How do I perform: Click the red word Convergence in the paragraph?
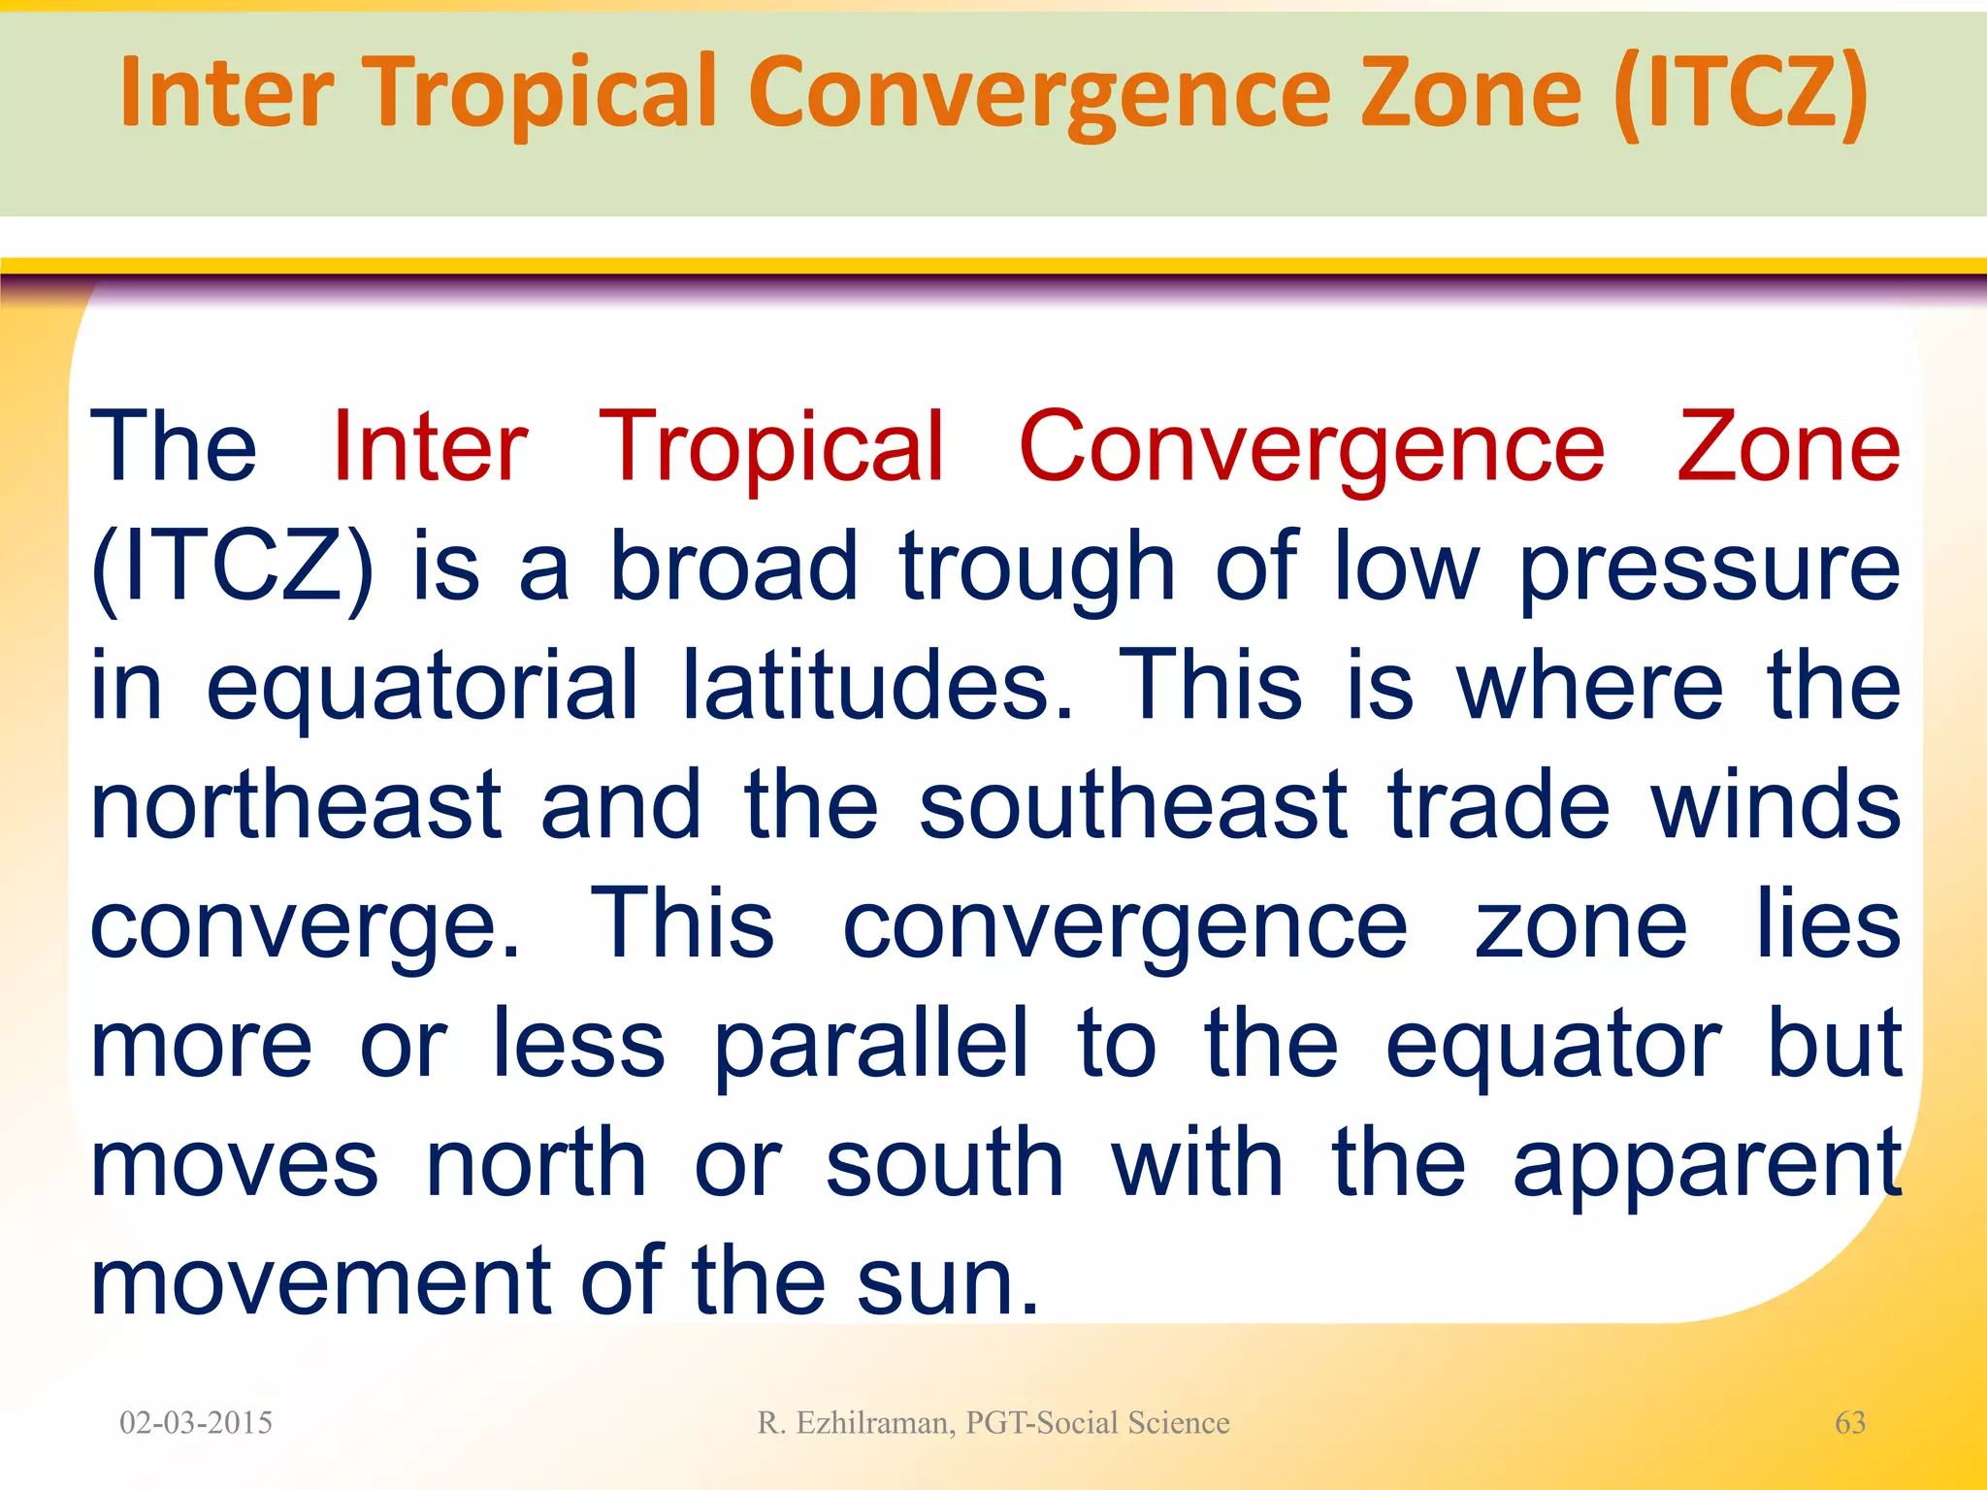[1312, 448]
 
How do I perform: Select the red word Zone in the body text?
[1788, 448]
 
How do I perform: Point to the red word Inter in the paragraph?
[430, 448]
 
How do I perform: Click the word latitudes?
[878, 687]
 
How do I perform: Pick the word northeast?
[296, 805]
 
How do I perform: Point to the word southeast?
[1132, 805]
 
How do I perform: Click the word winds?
[1775, 805]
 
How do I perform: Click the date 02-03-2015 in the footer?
[196, 1423]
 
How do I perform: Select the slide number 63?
[1849, 1423]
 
